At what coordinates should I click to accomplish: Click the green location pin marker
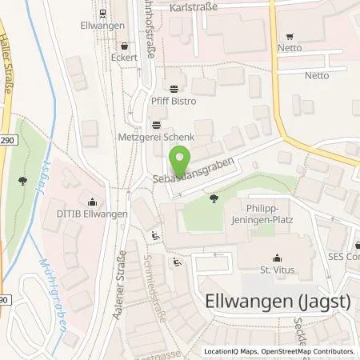point(182,154)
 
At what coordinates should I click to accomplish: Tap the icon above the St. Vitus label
point(278,258)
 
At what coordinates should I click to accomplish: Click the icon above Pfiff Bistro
point(175,89)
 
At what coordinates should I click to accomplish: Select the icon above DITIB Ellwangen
point(95,201)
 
